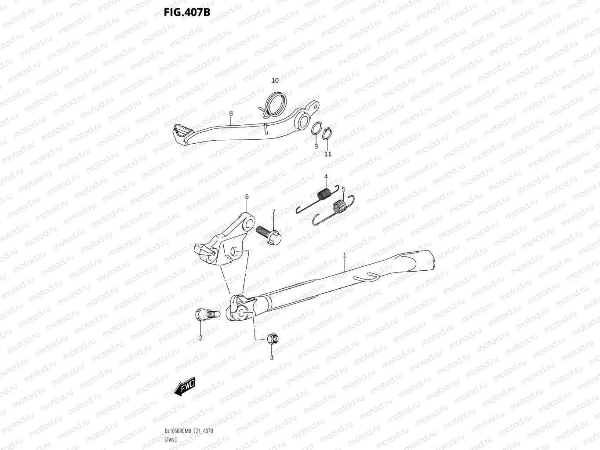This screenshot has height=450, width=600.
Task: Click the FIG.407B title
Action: [x=187, y=12]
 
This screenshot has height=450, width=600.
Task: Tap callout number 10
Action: [x=275, y=80]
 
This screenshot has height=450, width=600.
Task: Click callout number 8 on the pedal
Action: [x=231, y=113]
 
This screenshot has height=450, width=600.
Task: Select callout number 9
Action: [x=316, y=146]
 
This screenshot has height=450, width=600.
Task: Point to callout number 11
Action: [x=328, y=154]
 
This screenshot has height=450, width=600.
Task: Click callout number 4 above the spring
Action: [x=326, y=177]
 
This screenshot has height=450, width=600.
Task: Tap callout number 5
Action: [x=344, y=189]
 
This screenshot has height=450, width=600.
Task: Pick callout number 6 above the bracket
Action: [x=247, y=197]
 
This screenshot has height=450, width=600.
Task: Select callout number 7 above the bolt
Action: [x=273, y=212]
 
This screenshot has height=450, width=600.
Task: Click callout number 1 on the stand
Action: [x=345, y=255]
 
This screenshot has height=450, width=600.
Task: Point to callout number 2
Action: [x=201, y=338]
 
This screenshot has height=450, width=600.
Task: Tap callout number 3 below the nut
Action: [x=272, y=357]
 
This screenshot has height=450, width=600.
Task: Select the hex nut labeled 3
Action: [x=272, y=339]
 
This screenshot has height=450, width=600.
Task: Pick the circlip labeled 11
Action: [x=326, y=134]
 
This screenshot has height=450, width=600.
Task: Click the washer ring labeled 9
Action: [x=316, y=130]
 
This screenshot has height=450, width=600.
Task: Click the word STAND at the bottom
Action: [x=171, y=439]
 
